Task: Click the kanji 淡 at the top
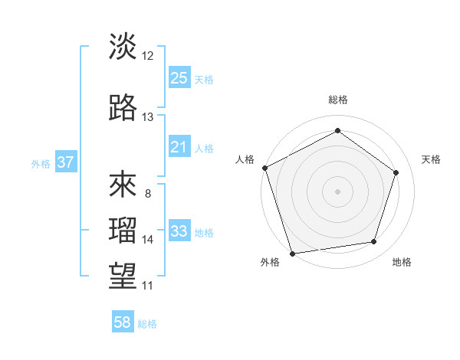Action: [123, 47]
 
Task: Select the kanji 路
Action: [123, 108]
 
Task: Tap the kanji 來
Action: [123, 185]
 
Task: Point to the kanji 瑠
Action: [123, 230]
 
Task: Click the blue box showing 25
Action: [179, 77]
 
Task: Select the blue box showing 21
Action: [179, 146]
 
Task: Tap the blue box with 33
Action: [179, 231]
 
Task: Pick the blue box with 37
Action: [65, 162]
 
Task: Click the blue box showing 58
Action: [123, 322]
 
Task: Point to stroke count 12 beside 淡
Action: [148, 56]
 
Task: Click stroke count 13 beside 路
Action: [148, 117]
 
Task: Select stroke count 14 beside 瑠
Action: [148, 240]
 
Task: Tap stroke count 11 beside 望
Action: [148, 286]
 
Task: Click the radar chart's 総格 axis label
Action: [337, 100]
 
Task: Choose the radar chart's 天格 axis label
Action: [432, 159]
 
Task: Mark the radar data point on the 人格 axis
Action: [264, 168]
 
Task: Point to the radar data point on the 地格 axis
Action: [373, 242]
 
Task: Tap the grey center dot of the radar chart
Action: [337, 191]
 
